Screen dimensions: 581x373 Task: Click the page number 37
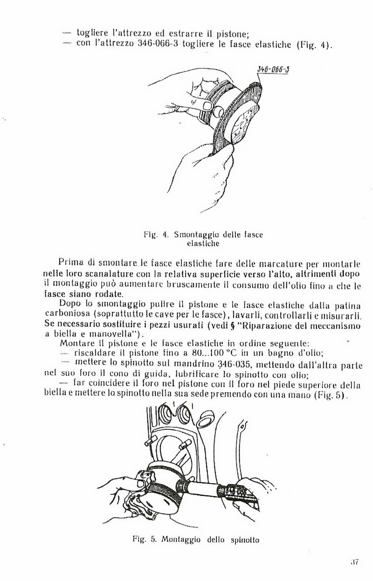pos(354,561)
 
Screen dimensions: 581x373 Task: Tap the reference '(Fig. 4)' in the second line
pos(313,46)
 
